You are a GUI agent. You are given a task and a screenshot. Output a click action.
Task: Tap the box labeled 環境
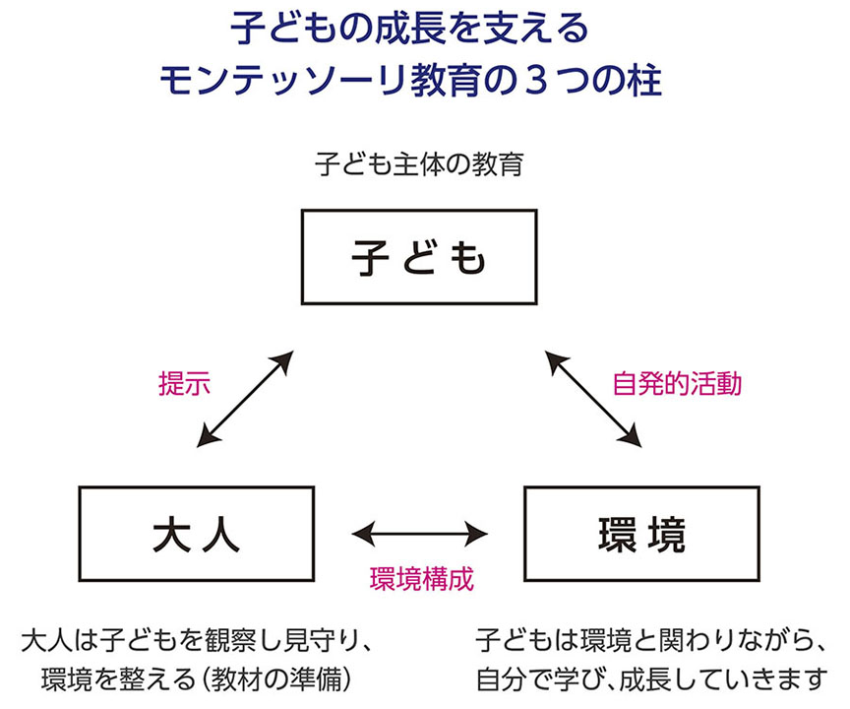pyautogui.click(x=640, y=533)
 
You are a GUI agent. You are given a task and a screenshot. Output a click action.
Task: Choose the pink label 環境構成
pyautogui.click(x=421, y=578)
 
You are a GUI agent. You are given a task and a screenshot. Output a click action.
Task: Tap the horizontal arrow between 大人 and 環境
pyautogui.click(x=420, y=533)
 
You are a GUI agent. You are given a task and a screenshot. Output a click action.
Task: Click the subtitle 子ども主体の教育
pyautogui.click(x=418, y=163)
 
